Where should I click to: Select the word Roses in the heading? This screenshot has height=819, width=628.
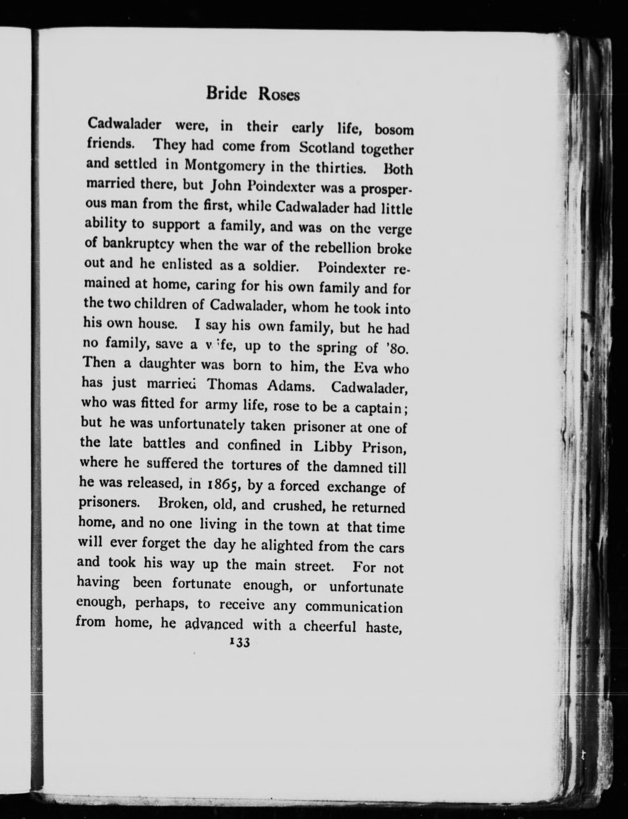pos(279,95)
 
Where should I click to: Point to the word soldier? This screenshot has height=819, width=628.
pos(275,267)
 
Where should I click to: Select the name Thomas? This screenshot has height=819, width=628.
pos(233,385)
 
